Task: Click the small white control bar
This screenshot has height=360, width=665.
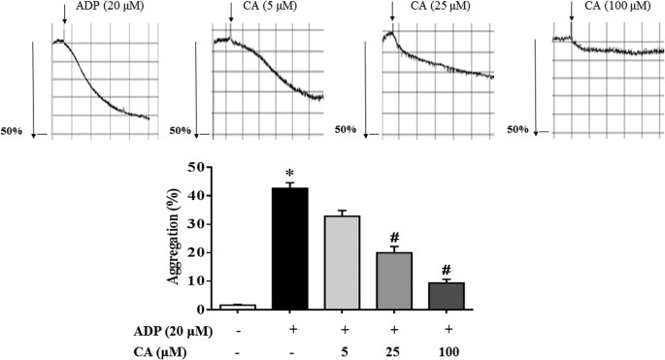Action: (x=238, y=307)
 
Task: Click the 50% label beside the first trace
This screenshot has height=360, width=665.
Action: (x=13, y=129)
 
